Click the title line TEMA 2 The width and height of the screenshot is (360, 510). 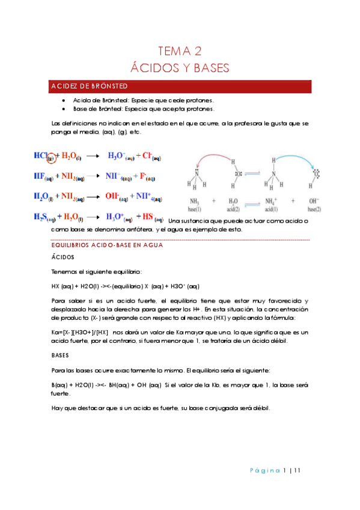point(180,51)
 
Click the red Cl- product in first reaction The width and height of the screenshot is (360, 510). point(150,156)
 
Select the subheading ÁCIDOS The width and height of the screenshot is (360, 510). point(63,257)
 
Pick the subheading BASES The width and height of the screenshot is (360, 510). point(61,355)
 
